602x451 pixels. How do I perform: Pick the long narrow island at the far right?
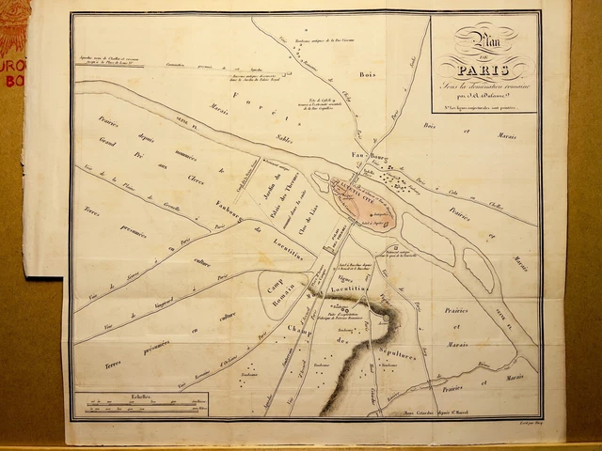pyautogui.click(x=478, y=269)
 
